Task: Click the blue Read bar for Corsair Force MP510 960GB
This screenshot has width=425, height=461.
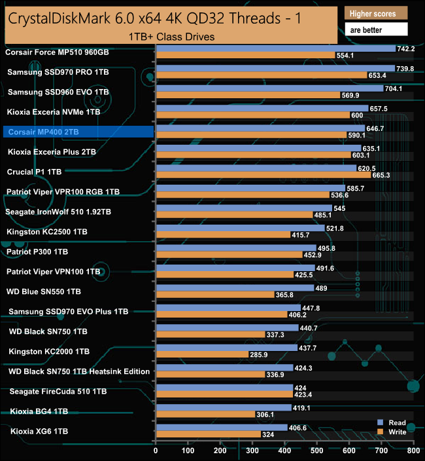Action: pos(275,48)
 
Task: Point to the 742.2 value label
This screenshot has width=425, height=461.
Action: pos(407,48)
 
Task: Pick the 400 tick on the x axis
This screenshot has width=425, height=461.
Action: pos(284,451)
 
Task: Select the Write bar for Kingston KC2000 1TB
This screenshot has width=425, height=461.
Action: pos(201,355)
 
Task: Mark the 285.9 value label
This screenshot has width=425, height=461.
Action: pos(260,355)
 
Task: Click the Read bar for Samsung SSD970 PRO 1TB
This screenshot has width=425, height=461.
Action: pos(275,68)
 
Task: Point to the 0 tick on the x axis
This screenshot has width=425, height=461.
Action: pos(156,451)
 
